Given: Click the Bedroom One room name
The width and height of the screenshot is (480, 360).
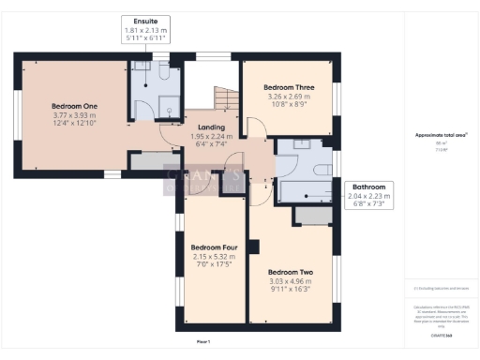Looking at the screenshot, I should pyautogui.click(x=73, y=106).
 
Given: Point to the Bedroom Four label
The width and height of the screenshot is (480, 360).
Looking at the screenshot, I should pyautogui.click(x=214, y=247).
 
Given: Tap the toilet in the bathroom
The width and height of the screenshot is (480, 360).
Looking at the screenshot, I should pyautogui.click(x=324, y=169).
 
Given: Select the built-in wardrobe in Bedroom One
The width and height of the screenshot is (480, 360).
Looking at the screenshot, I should pyautogui.click(x=146, y=162).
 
